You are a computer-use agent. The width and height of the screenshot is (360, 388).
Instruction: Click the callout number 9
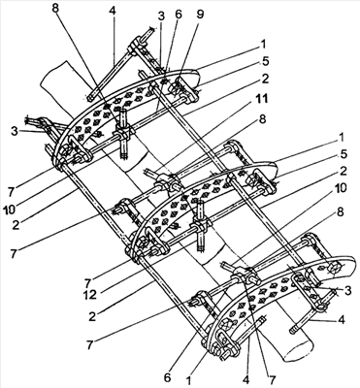point(200,16)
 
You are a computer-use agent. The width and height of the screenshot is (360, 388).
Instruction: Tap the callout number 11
point(261,98)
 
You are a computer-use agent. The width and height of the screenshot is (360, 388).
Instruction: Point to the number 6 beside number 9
point(179,15)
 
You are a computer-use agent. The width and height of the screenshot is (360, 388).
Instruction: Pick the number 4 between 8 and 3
point(112,10)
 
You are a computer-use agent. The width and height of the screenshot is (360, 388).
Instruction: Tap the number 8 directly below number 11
point(262,119)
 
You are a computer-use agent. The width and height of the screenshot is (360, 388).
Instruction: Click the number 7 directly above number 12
point(87,283)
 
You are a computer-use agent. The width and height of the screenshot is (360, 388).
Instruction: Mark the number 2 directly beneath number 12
point(92,316)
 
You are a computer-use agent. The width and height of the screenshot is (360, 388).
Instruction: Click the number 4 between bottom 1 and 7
point(245,379)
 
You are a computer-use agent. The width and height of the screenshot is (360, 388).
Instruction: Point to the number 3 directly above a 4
point(347,291)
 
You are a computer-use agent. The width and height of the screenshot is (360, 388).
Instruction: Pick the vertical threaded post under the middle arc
point(201,225)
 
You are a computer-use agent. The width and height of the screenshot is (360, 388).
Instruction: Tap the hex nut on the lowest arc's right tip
point(333,268)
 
